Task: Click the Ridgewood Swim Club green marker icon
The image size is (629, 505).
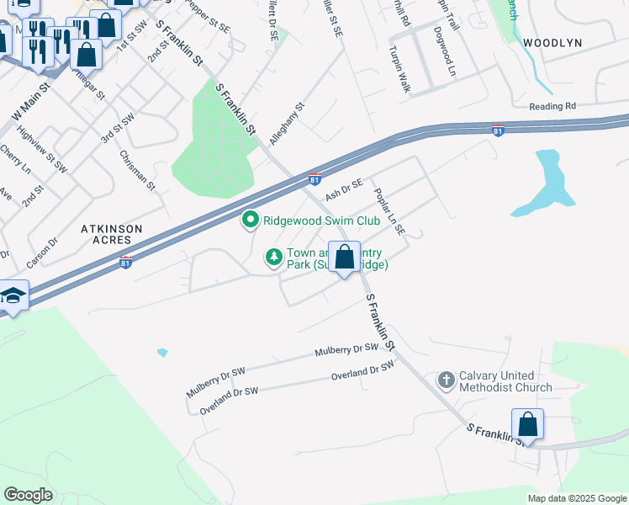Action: click(250, 221)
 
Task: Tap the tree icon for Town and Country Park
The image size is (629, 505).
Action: click(273, 258)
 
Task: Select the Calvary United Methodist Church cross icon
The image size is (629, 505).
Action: click(446, 380)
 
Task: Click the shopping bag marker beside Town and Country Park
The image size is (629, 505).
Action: click(345, 258)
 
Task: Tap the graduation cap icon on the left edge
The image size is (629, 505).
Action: click(13, 296)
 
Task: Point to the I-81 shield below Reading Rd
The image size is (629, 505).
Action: click(498, 130)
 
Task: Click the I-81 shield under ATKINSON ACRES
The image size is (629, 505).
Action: click(125, 262)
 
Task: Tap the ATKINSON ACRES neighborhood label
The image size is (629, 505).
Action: click(111, 234)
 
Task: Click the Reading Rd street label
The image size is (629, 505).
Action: click(552, 106)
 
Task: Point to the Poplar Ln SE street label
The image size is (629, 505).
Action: click(389, 211)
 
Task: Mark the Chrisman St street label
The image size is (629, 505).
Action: click(138, 170)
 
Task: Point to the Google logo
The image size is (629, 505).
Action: click(29, 494)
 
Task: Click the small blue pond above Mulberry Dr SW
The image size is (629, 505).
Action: click(162, 352)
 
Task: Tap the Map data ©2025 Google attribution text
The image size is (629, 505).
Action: click(576, 498)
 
